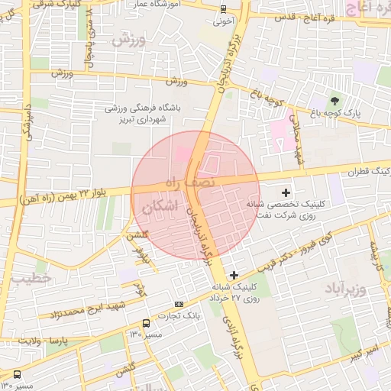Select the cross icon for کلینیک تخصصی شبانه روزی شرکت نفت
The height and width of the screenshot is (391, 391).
(x=286, y=192)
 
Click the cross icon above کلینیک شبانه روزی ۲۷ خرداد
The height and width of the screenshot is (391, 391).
(x=234, y=274)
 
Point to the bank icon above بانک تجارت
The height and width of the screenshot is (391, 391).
(x=179, y=303)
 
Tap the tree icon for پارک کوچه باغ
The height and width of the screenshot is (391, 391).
(x=334, y=101)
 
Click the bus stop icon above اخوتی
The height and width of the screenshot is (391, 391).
(x=222, y=9)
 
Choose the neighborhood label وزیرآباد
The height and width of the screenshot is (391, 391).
(x=347, y=289)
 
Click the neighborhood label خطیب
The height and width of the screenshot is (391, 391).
(x=30, y=280)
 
